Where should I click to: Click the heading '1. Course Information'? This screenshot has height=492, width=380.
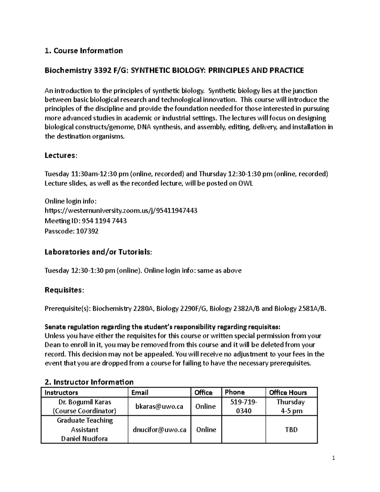pos(84,51)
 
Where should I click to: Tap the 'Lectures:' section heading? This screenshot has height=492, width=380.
pos(60,155)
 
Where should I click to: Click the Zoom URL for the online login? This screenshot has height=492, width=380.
pos(121,211)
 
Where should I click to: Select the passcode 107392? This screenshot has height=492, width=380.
pos(87,231)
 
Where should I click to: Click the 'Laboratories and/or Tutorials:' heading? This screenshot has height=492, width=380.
pos(98,252)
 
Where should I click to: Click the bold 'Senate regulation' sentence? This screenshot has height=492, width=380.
pos(162,327)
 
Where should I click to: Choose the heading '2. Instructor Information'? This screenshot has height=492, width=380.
pos(89,382)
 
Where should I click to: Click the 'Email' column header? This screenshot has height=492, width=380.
pos(140,393)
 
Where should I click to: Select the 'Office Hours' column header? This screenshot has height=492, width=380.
pos(288,393)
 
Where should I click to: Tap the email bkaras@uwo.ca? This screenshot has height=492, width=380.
pos(159,406)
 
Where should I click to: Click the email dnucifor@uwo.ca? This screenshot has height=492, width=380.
pos(159,430)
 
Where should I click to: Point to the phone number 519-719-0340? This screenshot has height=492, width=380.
pos(243,406)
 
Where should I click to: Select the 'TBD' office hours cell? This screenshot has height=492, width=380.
pos(291,430)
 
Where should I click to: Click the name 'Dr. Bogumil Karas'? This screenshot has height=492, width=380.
pos(85,402)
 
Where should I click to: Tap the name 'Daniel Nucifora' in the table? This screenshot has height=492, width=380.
pos(85,439)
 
